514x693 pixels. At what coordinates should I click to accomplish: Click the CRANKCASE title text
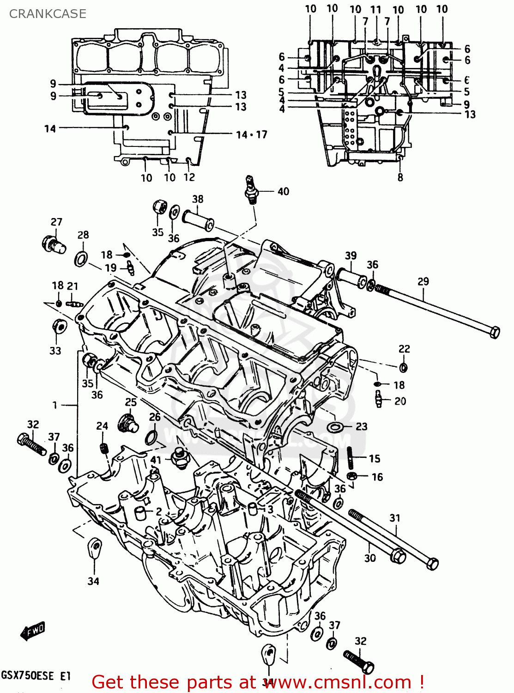click(x=48, y=14)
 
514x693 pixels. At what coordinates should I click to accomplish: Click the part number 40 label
click(x=283, y=191)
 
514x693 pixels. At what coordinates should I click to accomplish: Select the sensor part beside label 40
click(x=251, y=189)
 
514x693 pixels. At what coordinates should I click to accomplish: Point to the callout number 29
click(x=423, y=281)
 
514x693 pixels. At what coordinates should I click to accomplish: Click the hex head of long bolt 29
click(x=494, y=332)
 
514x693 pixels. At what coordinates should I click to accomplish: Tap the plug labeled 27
click(x=54, y=244)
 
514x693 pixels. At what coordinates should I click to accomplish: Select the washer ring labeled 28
click(x=81, y=259)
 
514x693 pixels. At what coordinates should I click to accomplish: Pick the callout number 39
click(x=351, y=255)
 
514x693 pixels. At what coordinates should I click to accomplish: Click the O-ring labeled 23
click(x=335, y=426)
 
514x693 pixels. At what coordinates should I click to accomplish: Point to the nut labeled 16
click(x=351, y=476)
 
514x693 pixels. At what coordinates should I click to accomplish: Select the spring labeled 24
click(x=104, y=448)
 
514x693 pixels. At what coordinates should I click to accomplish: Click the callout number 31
click(x=394, y=518)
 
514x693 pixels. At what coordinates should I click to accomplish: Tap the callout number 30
click(x=370, y=558)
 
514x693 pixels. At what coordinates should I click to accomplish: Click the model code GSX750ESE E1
click(x=36, y=675)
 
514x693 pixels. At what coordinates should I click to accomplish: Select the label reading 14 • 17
click(x=251, y=135)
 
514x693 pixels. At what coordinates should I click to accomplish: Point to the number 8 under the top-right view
click(x=400, y=177)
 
